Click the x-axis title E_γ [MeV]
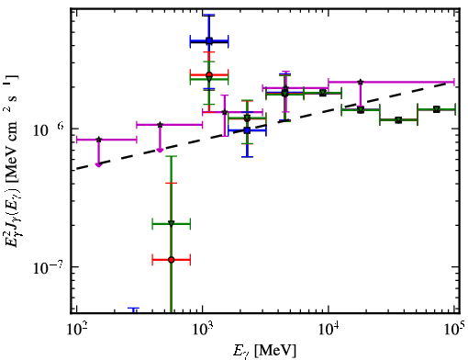(x=264, y=351)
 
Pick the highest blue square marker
(x=209, y=40)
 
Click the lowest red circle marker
(x=172, y=260)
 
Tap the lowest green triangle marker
(x=172, y=224)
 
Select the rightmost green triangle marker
(x=437, y=109)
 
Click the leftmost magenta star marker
(x=98, y=140)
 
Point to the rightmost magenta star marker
(x=361, y=82)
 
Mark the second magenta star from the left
(x=160, y=125)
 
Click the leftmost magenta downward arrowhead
(x=98, y=164)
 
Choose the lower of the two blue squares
(x=247, y=130)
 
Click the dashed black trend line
(x=265, y=126)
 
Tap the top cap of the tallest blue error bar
(x=209, y=15)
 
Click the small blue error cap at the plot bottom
(x=133, y=309)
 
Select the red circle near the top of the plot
(x=209, y=74)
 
